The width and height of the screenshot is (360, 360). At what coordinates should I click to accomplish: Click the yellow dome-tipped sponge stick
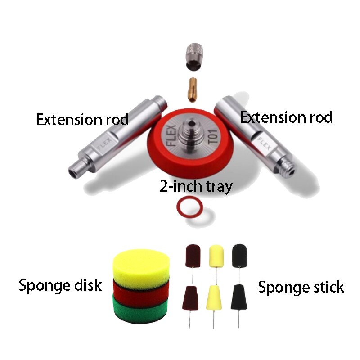pyautogui.click(x=216, y=256)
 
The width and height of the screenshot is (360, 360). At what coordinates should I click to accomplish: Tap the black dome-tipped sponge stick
pyautogui.click(x=238, y=256)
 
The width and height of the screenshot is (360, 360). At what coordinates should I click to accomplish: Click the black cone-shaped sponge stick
pyautogui.click(x=238, y=297)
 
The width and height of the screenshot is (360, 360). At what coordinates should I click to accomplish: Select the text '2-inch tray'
pyautogui.click(x=196, y=186)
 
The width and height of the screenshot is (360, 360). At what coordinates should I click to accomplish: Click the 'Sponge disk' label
pyautogui.click(x=60, y=285)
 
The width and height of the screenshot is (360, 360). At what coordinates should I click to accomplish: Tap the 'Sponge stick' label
pyautogui.click(x=301, y=287)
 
